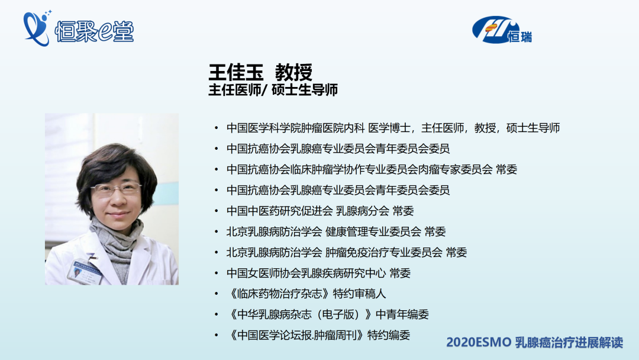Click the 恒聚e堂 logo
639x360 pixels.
pos(78,28)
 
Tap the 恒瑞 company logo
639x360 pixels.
pos(502,30)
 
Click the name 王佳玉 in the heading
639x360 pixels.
pos(236,73)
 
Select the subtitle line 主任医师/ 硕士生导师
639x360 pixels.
pos(273,89)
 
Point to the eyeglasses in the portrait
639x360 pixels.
pos(116,189)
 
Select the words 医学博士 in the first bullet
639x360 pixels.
pos(389,128)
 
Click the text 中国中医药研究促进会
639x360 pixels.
pos(279,211)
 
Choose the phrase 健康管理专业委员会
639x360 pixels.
pos(373,232)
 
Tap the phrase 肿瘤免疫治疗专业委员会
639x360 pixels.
pos(384,252)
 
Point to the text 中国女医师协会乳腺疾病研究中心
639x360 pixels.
pos(306,273)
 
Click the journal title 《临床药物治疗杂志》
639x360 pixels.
pos(278,294)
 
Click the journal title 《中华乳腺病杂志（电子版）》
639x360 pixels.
pos(299,314)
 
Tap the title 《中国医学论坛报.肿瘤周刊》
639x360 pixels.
pos(296,335)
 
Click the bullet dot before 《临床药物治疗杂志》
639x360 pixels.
pos(217,294)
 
